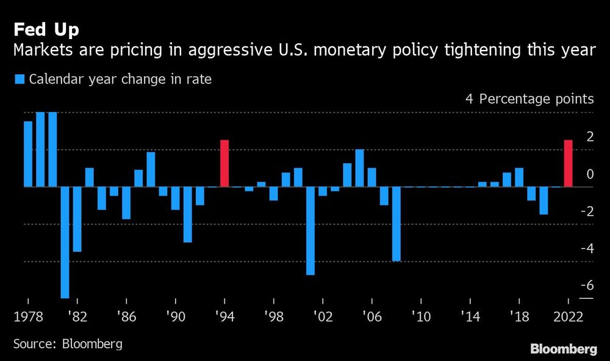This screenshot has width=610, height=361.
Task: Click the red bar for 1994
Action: coord(224,163)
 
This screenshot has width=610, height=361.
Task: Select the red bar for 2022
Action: coord(568,163)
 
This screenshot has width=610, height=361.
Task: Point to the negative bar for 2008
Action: coord(396,224)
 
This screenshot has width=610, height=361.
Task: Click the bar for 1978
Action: coord(28,154)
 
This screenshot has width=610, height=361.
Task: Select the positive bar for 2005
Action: coord(359,168)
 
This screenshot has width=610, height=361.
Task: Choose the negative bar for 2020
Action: coord(544,201)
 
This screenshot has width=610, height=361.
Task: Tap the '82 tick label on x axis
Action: coord(77,317)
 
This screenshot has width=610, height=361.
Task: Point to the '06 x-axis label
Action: coord(371,317)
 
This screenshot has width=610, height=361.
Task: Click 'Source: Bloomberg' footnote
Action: coord(68,343)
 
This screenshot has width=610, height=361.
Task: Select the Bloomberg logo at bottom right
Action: coord(563,349)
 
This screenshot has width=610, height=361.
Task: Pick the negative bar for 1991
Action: coord(188,215)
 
